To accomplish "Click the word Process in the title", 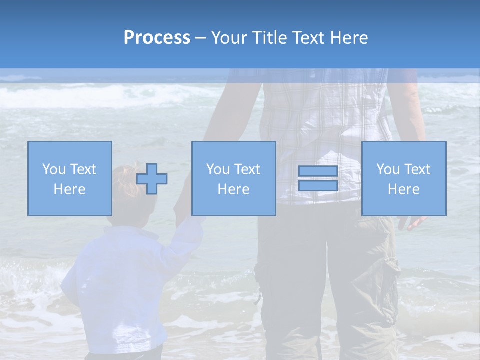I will (x=157, y=38).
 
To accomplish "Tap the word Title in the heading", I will (x=269, y=38).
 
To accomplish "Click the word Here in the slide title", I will (x=349, y=38).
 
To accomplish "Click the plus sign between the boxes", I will (x=152, y=179).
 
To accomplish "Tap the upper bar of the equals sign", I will (x=318, y=171).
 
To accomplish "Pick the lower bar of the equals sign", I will (x=318, y=186).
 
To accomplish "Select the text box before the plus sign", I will (x=70, y=179).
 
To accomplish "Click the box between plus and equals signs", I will (x=234, y=179).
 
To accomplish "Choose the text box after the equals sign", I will (x=404, y=179).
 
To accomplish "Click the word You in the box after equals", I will (x=388, y=169).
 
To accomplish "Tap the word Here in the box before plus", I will (x=69, y=189).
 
